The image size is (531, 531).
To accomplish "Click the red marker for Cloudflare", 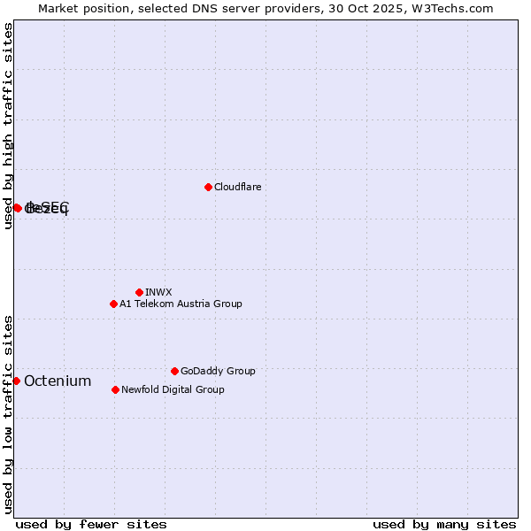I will (x=208, y=187).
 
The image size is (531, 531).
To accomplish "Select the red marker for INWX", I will (x=139, y=292).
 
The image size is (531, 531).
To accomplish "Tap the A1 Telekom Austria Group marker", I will (x=113, y=304).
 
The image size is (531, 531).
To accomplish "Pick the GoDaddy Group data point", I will (x=174, y=371).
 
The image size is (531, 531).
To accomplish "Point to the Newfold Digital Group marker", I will (x=115, y=389).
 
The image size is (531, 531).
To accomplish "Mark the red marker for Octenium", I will (x=16, y=381).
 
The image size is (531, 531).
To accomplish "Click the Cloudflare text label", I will (x=237, y=187).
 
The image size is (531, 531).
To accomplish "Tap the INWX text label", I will (x=158, y=292).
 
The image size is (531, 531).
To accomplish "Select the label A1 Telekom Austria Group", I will (x=181, y=304).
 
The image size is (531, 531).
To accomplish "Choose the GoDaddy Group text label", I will (x=218, y=371).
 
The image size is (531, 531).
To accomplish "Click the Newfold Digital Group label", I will (x=173, y=389).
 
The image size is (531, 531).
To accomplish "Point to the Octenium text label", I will (x=58, y=381).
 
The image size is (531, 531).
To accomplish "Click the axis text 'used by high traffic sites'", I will (x=9, y=126).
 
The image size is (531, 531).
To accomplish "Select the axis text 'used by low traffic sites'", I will (x=9, y=413).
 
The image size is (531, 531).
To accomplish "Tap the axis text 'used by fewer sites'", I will (x=91, y=524).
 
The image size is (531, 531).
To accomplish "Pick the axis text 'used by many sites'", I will (x=444, y=524).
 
